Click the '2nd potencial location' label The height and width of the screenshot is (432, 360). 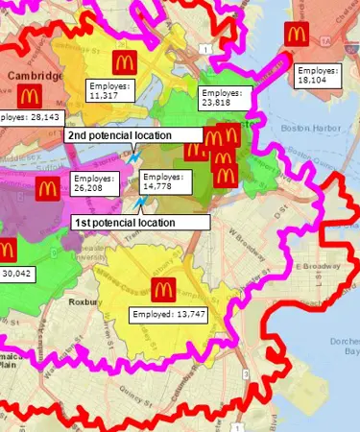tap(132, 135)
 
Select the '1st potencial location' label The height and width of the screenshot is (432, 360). tap(141, 222)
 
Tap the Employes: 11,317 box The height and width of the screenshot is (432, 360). tap(110, 90)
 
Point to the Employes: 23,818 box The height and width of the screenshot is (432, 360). tap(224, 96)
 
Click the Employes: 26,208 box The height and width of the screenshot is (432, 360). tap(95, 182)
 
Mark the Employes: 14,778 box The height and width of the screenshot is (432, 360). tap(165, 182)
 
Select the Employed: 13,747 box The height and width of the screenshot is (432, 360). tap(168, 313)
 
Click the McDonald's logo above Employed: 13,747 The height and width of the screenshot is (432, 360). tap(161, 287)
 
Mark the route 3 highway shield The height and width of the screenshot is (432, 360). tap(247, 372)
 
